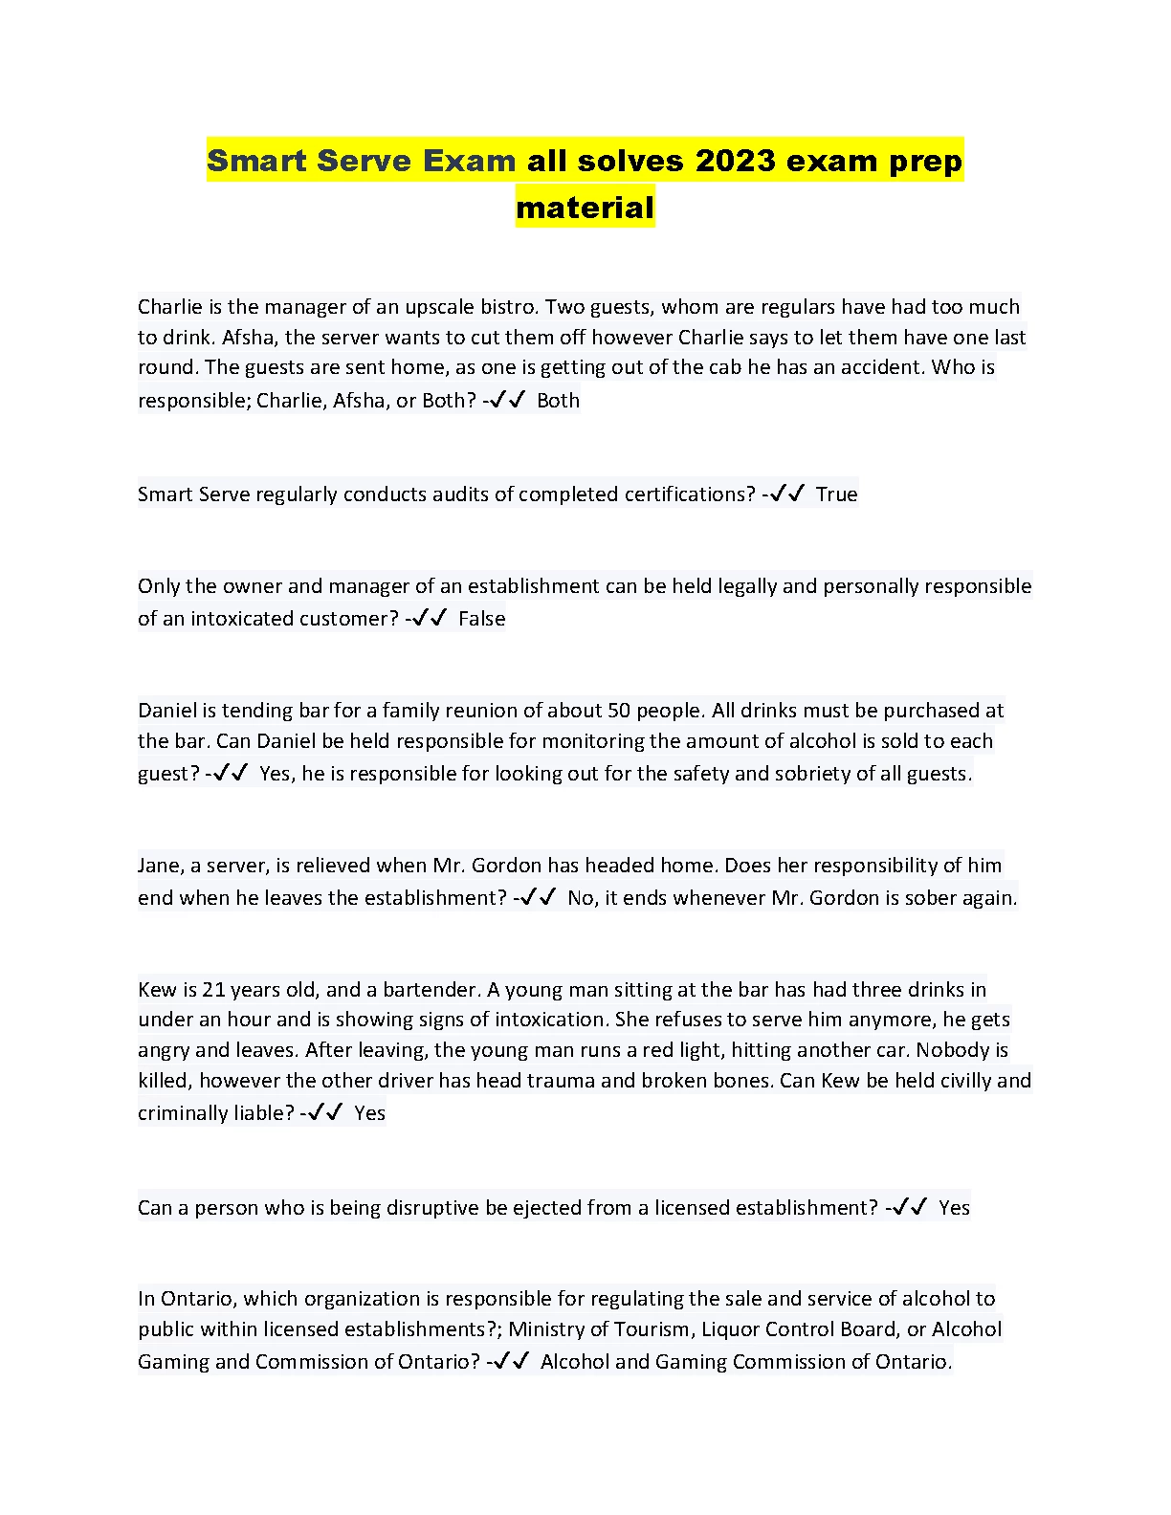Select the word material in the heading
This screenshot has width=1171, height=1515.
(585, 207)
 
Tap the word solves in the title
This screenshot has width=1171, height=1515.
(606, 161)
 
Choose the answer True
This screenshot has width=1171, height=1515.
(836, 494)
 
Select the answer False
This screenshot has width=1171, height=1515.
(481, 619)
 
